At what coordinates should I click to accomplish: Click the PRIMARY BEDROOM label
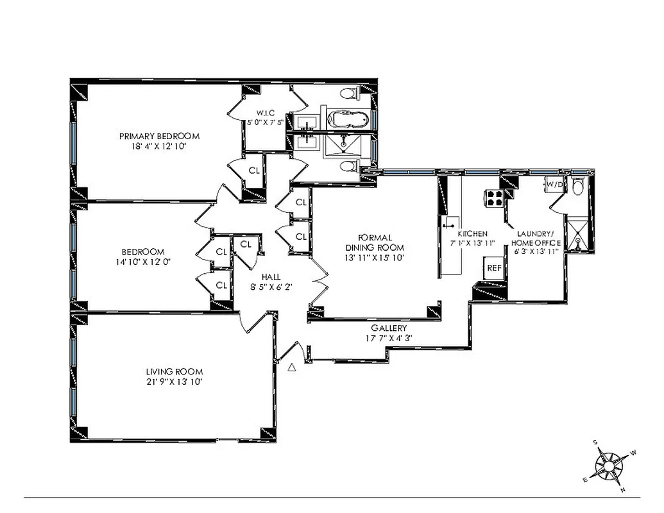159,136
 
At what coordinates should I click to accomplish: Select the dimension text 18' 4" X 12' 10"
159,146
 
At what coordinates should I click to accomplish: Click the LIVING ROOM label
174,371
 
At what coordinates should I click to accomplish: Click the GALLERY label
389,328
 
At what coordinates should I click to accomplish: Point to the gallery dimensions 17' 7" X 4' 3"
389,338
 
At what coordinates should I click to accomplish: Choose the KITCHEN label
472,233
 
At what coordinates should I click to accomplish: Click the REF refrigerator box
494,268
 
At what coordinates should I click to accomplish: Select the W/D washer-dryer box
554,185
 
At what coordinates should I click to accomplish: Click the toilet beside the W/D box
577,187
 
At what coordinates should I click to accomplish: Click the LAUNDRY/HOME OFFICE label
535,239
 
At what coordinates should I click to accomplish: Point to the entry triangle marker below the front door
292,367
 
